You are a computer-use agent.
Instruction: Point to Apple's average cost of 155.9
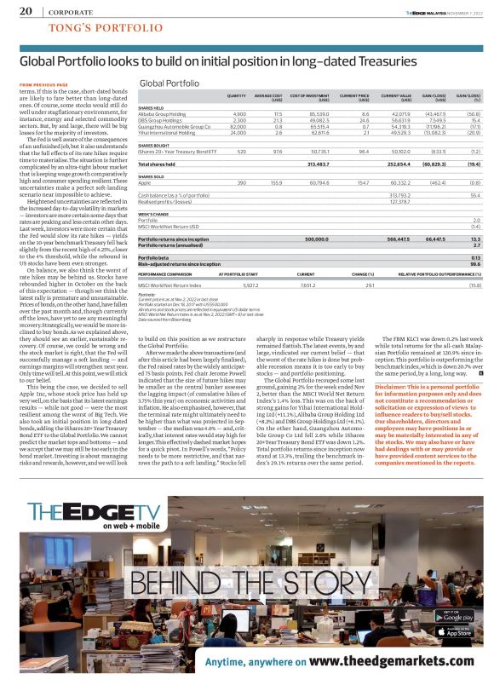pos(275,181)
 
